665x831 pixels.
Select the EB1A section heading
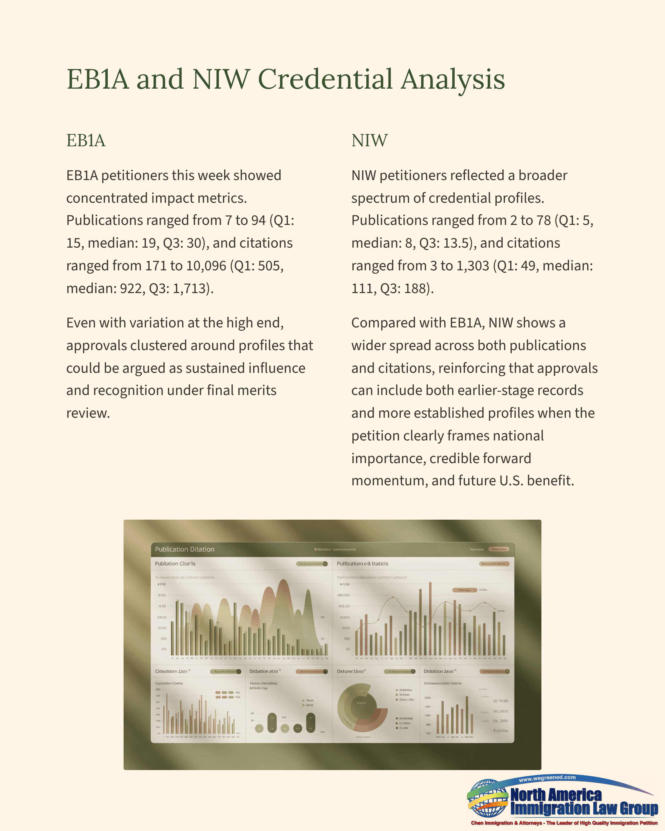(86, 140)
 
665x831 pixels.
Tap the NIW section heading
(369, 140)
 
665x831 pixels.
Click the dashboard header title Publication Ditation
(184, 549)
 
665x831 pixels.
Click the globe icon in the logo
(488, 798)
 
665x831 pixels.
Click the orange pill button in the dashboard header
(499, 549)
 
